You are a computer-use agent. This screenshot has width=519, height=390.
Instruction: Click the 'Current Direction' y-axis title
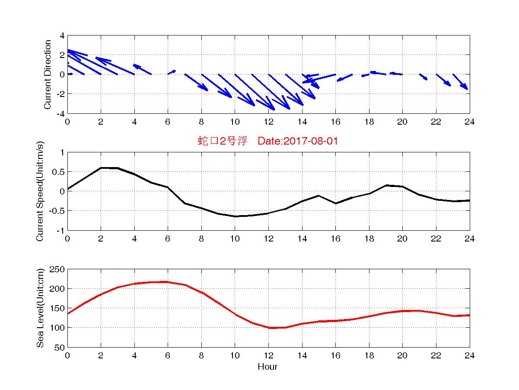[x=48, y=74]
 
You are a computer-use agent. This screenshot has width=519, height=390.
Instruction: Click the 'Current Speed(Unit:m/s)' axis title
[x=40, y=192]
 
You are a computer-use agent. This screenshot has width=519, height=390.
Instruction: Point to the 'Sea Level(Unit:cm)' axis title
[x=40, y=308]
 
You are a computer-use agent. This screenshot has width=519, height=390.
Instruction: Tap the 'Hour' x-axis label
[x=267, y=367]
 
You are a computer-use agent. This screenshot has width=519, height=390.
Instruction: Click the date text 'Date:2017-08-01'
[x=298, y=141]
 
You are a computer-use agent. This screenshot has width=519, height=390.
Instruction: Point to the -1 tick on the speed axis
[x=60, y=230]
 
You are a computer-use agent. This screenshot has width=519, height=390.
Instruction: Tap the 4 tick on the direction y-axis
[x=62, y=35]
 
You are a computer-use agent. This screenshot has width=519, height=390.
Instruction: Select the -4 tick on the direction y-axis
[x=60, y=113]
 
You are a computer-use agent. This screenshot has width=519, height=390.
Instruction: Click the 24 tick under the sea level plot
[x=469, y=355]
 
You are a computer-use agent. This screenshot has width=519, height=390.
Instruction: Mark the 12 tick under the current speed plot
[x=268, y=239]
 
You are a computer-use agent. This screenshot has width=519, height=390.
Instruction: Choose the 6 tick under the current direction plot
[x=168, y=122]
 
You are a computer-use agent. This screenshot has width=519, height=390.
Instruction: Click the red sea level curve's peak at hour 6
[x=168, y=282]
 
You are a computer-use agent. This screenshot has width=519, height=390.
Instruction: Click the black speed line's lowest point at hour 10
[x=235, y=216]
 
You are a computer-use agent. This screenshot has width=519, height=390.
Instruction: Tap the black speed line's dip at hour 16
[x=335, y=203]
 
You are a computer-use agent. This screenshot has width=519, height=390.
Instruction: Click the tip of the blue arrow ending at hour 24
[x=468, y=90]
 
